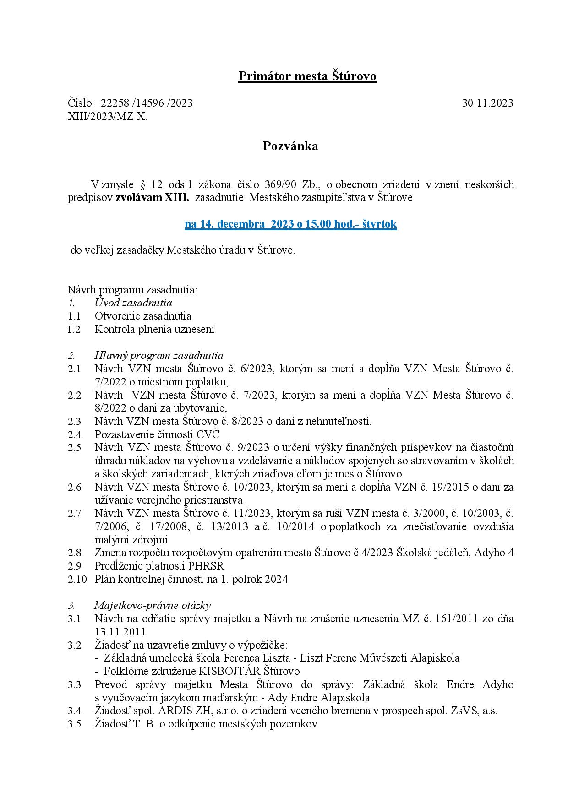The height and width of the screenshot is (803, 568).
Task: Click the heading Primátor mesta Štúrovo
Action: (x=307, y=76)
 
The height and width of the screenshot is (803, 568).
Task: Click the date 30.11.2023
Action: (x=487, y=103)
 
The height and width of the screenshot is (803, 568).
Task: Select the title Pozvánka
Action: (x=290, y=146)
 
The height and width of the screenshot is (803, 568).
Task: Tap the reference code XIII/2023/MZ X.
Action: (x=108, y=116)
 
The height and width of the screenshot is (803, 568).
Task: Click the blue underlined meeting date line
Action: (x=290, y=224)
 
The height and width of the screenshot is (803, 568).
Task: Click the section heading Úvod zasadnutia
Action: (x=133, y=303)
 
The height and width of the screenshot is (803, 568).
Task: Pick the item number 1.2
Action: (x=74, y=329)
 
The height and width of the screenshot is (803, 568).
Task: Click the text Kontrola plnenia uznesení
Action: (x=154, y=329)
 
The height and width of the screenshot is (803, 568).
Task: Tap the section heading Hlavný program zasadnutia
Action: (x=159, y=355)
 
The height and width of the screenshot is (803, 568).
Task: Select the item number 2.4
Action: (x=74, y=434)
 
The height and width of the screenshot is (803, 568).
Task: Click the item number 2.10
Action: (x=77, y=579)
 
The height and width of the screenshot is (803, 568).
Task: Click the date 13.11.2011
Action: (x=120, y=632)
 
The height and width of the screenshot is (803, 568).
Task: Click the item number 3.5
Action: (x=74, y=724)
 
